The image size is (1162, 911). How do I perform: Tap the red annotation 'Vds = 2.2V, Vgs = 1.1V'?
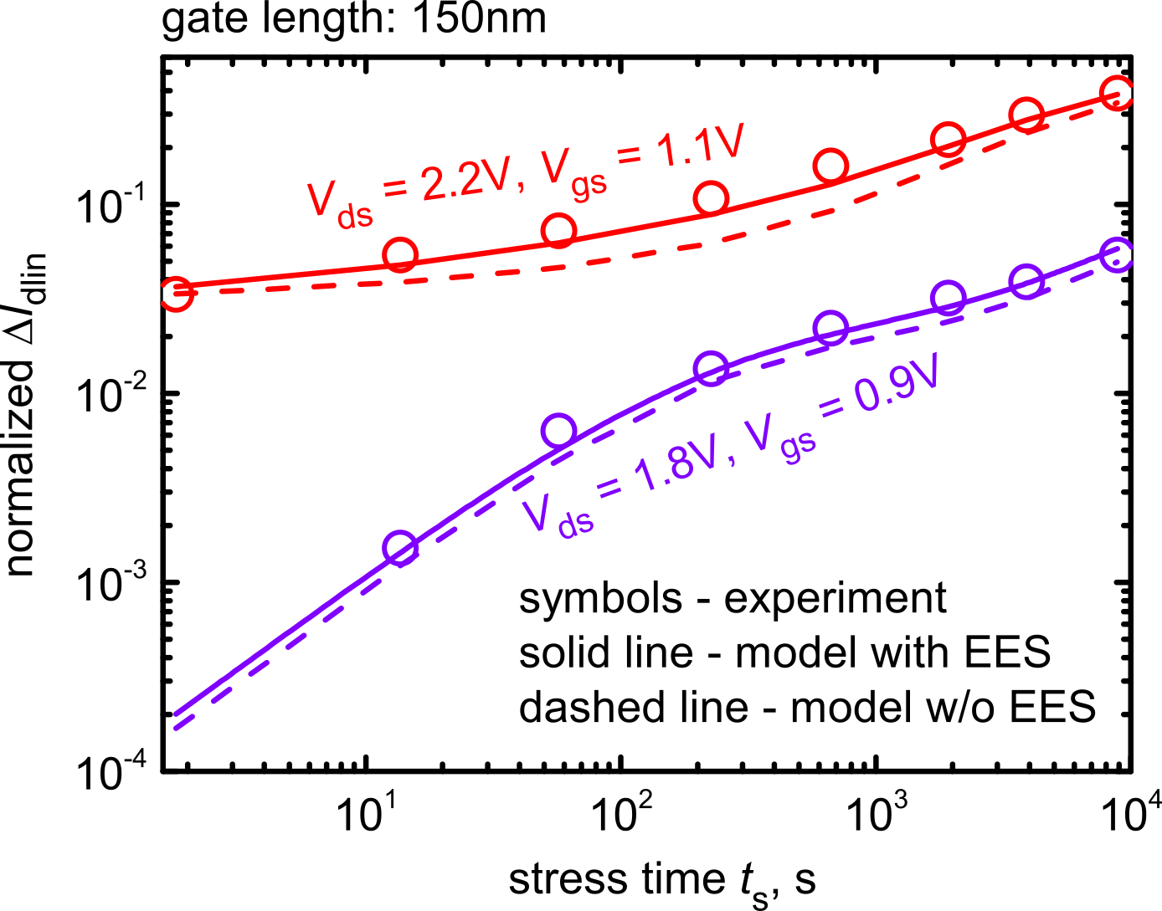pyautogui.click(x=526, y=177)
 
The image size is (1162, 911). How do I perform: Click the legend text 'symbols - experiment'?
pyautogui.click(x=733, y=598)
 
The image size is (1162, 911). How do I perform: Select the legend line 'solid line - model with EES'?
pyautogui.click(x=784, y=653)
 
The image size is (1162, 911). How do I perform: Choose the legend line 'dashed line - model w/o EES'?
pyautogui.click(x=807, y=707)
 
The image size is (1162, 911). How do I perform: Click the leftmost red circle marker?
pyautogui.click(x=176, y=293)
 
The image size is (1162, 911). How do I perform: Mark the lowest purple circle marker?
pyautogui.click(x=400, y=548)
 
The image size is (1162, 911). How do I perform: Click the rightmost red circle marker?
pyautogui.click(x=1117, y=94)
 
